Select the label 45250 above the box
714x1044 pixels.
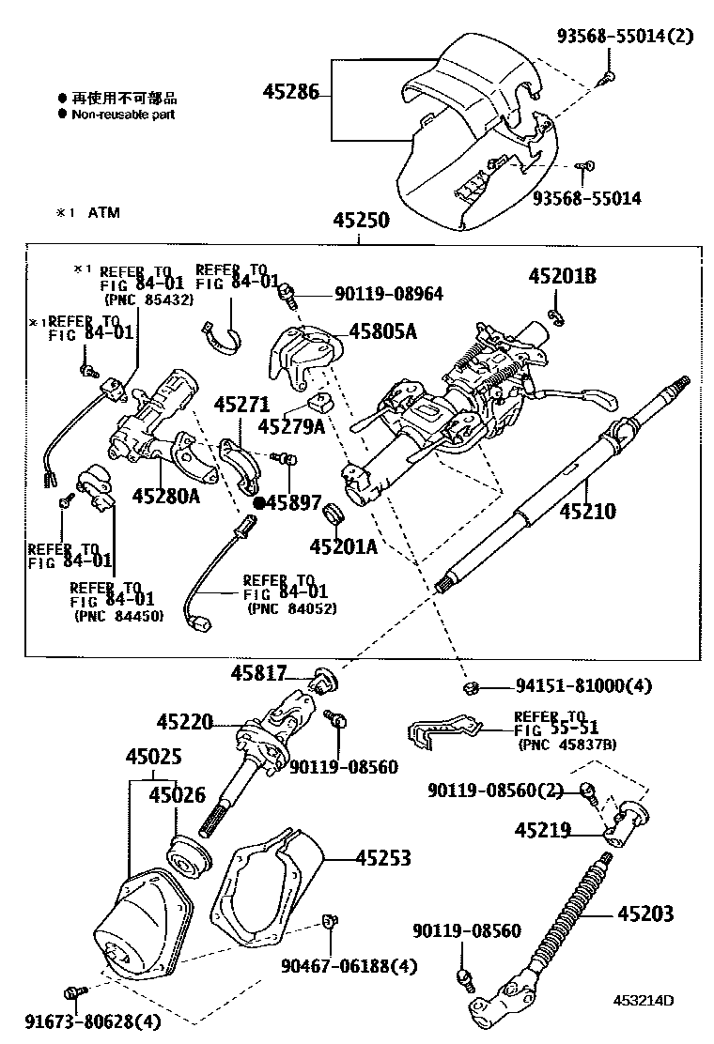tap(360, 222)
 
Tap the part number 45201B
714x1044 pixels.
tap(562, 277)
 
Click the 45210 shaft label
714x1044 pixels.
tap(588, 513)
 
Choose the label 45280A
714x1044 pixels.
tap(165, 495)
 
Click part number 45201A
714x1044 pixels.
tap(343, 546)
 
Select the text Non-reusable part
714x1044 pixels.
tap(123, 115)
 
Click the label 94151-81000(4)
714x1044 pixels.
tap(570, 687)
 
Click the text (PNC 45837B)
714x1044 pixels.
tap(567, 745)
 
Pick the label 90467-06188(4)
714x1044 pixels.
tap(349, 965)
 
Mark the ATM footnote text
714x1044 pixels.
tap(104, 213)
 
